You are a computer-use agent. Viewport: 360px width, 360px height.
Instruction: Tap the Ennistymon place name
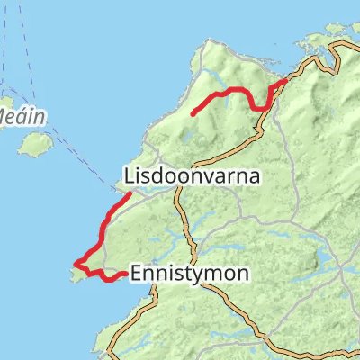tap(189, 272)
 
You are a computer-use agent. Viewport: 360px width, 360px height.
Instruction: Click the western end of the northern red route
tap(193, 112)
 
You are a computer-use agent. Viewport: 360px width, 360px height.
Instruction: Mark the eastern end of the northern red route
tap(286, 81)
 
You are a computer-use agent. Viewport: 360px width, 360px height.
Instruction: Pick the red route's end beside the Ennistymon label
tap(124, 274)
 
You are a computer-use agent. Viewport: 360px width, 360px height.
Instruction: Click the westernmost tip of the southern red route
tap(76, 264)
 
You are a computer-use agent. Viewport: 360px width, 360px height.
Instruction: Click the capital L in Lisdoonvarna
tap(127, 177)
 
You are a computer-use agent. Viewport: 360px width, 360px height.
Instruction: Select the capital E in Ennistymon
tap(136, 272)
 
